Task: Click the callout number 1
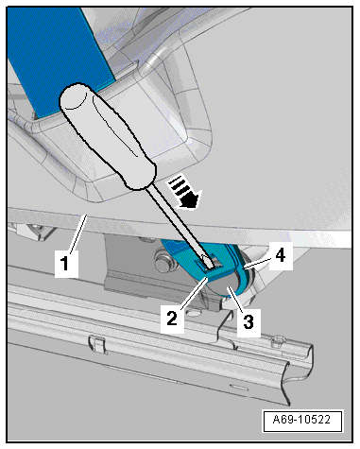(65, 264)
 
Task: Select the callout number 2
(172, 319)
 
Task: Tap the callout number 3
(249, 322)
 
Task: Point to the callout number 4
(280, 255)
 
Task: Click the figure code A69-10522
(301, 420)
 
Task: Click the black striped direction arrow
(186, 193)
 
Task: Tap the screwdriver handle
(107, 135)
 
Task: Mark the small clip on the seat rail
(97, 344)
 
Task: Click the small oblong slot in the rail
(239, 387)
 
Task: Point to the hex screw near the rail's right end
(278, 341)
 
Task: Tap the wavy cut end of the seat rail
(288, 374)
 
